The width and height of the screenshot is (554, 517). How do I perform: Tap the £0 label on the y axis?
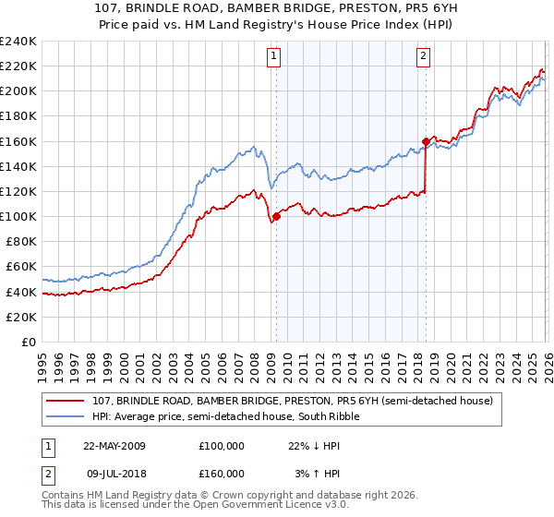tap(29, 342)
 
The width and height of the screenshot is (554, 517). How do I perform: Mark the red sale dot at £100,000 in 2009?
tap(276, 217)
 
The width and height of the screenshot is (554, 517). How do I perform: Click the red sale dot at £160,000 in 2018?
tap(426, 141)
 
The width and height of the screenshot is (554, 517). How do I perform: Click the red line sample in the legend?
tap(66, 401)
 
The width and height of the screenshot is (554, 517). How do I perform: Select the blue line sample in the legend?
tap(66, 416)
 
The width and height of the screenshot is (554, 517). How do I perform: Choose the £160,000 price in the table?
tap(222, 474)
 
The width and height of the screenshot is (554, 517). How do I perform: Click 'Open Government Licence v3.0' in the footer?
tap(281, 507)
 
